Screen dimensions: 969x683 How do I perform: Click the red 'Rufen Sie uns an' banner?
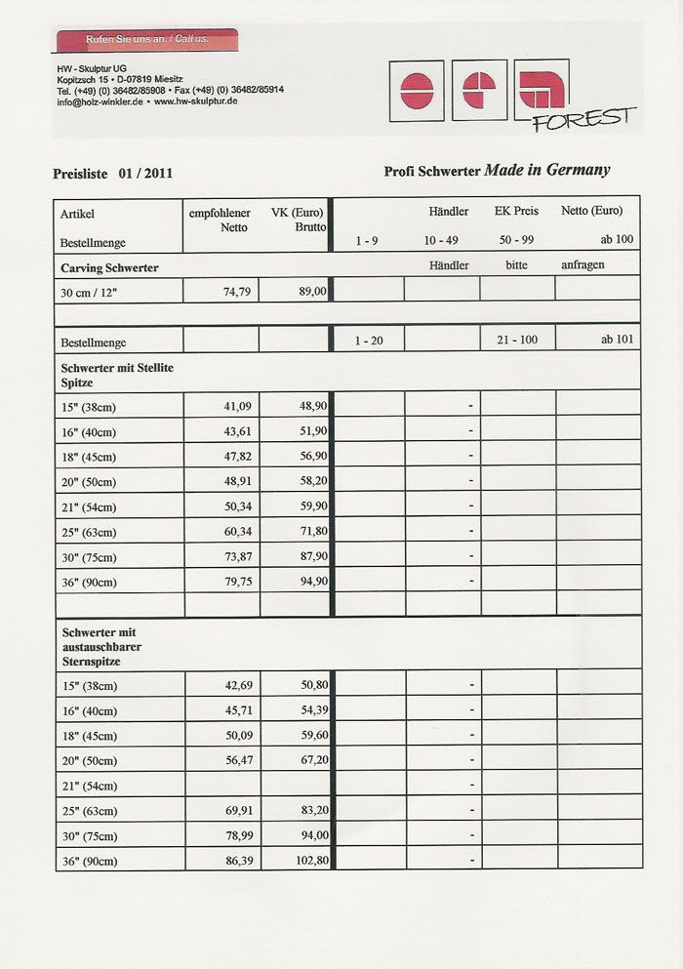click(147, 39)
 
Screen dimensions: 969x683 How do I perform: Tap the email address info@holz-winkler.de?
click(99, 101)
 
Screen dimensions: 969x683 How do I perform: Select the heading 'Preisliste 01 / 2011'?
click(113, 175)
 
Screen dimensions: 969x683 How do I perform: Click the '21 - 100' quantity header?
click(516, 342)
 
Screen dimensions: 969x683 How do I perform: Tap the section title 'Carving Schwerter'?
click(109, 266)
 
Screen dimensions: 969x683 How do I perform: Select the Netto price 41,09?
click(237, 405)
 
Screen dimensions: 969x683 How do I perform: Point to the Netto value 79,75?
click(237, 583)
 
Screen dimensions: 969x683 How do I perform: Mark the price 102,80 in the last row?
click(308, 861)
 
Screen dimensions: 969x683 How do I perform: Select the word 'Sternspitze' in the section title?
click(91, 661)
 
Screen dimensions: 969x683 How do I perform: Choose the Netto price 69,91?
click(237, 810)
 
